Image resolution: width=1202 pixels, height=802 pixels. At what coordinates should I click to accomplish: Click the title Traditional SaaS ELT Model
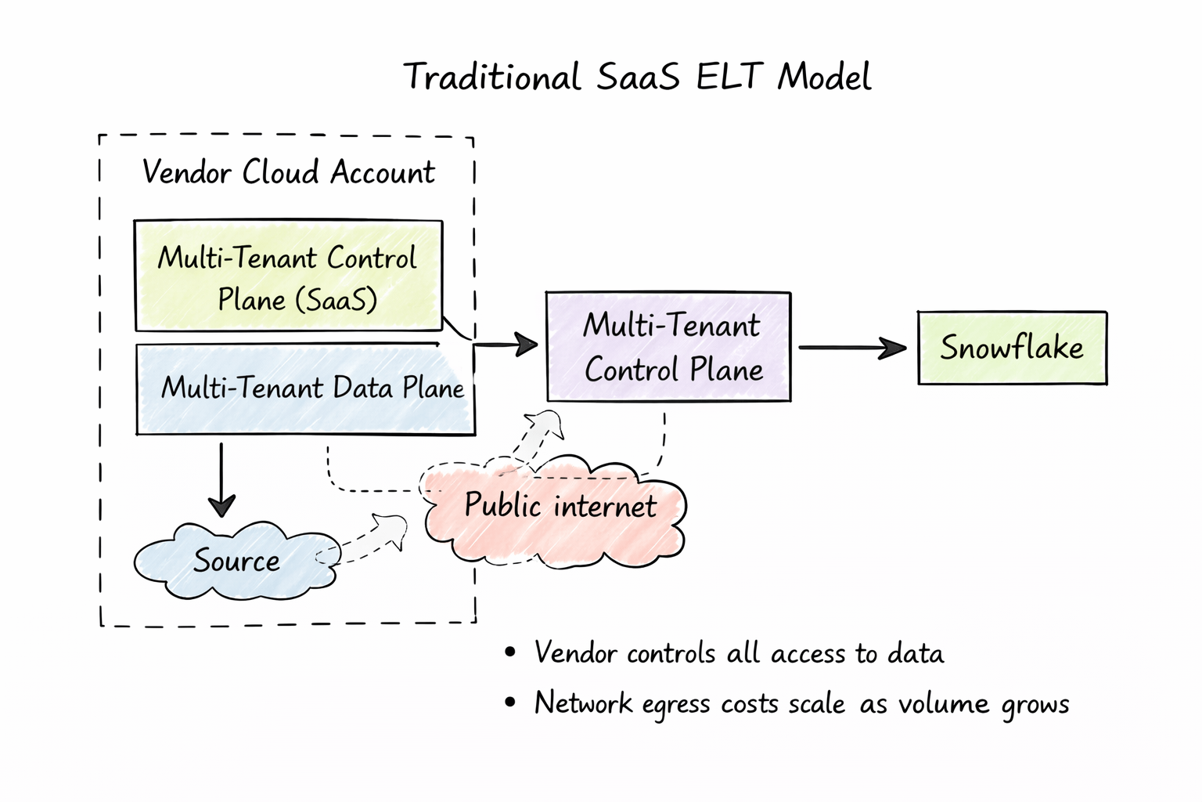(x=637, y=77)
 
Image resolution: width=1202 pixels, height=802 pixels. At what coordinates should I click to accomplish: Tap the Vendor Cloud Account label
(x=288, y=172)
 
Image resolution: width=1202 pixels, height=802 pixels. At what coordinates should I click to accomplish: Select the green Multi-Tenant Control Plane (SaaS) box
(x=288, y=276)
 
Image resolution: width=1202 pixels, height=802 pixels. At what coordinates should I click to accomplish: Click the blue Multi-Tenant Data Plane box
(x=305, y=389)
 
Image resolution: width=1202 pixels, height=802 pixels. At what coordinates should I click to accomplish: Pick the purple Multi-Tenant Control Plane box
(x=668, y=347)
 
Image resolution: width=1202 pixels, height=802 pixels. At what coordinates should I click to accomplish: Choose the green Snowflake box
(x=1012, y=348)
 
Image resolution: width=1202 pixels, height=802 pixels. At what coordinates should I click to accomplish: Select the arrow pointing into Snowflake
(x=853, y=348)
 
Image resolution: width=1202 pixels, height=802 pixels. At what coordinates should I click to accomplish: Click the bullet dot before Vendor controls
(x=510, y=652)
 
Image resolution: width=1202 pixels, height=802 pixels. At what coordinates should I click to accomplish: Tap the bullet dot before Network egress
(x=510, y=703)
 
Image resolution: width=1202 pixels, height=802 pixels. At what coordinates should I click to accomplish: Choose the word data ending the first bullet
(x=916, y=653)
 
